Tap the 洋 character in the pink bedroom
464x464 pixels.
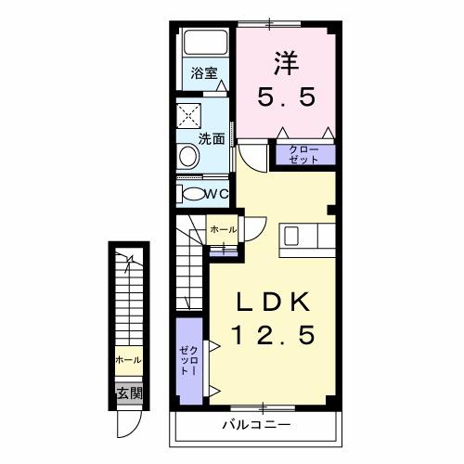point(284,63)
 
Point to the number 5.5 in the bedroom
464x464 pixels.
point(284,96)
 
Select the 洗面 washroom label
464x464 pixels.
point(212,139)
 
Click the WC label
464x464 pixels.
point(215,193)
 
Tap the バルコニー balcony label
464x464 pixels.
point(256,424)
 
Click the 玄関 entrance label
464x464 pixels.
point(129,393)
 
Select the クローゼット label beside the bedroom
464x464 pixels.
point(303,154)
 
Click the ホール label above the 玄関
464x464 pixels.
point(128,359)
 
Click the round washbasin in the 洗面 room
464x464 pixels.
point(188,158)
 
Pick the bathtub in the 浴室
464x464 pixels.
point(205,44)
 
